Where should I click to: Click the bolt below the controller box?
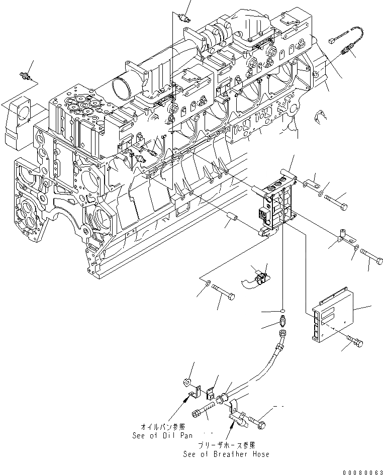[x=356, y=343]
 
